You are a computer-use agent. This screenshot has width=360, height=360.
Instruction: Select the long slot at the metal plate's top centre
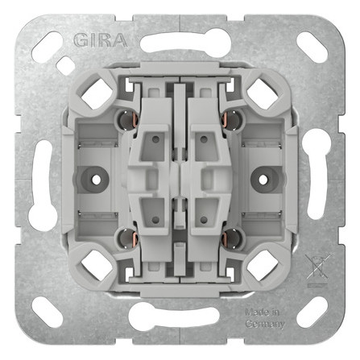[x=179, y=40]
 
